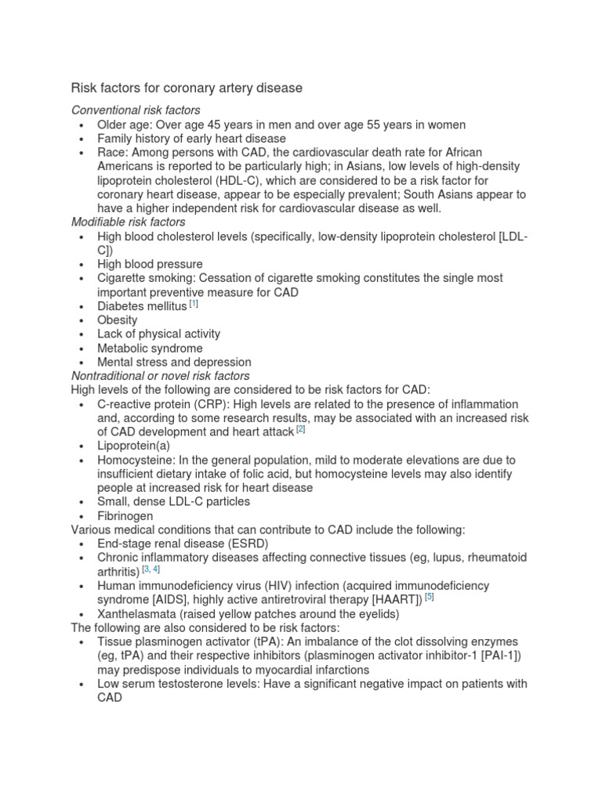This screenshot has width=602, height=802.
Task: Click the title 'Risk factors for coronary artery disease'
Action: point(187,89)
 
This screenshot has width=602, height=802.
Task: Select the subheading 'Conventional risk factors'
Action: point(136,110)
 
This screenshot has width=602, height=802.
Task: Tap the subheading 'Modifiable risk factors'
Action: point(128,222)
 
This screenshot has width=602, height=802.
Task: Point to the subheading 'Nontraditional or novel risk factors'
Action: point(161,376)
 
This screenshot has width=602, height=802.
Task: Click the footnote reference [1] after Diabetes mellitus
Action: point(193,304)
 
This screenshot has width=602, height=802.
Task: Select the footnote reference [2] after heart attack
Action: point(300,429)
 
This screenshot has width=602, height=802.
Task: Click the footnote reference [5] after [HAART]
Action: point(429,597)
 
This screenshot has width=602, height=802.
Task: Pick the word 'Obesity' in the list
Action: point(117,320)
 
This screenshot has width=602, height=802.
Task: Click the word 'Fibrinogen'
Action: point(125,516)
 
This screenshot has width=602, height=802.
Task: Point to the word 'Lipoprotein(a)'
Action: point(133,446)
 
